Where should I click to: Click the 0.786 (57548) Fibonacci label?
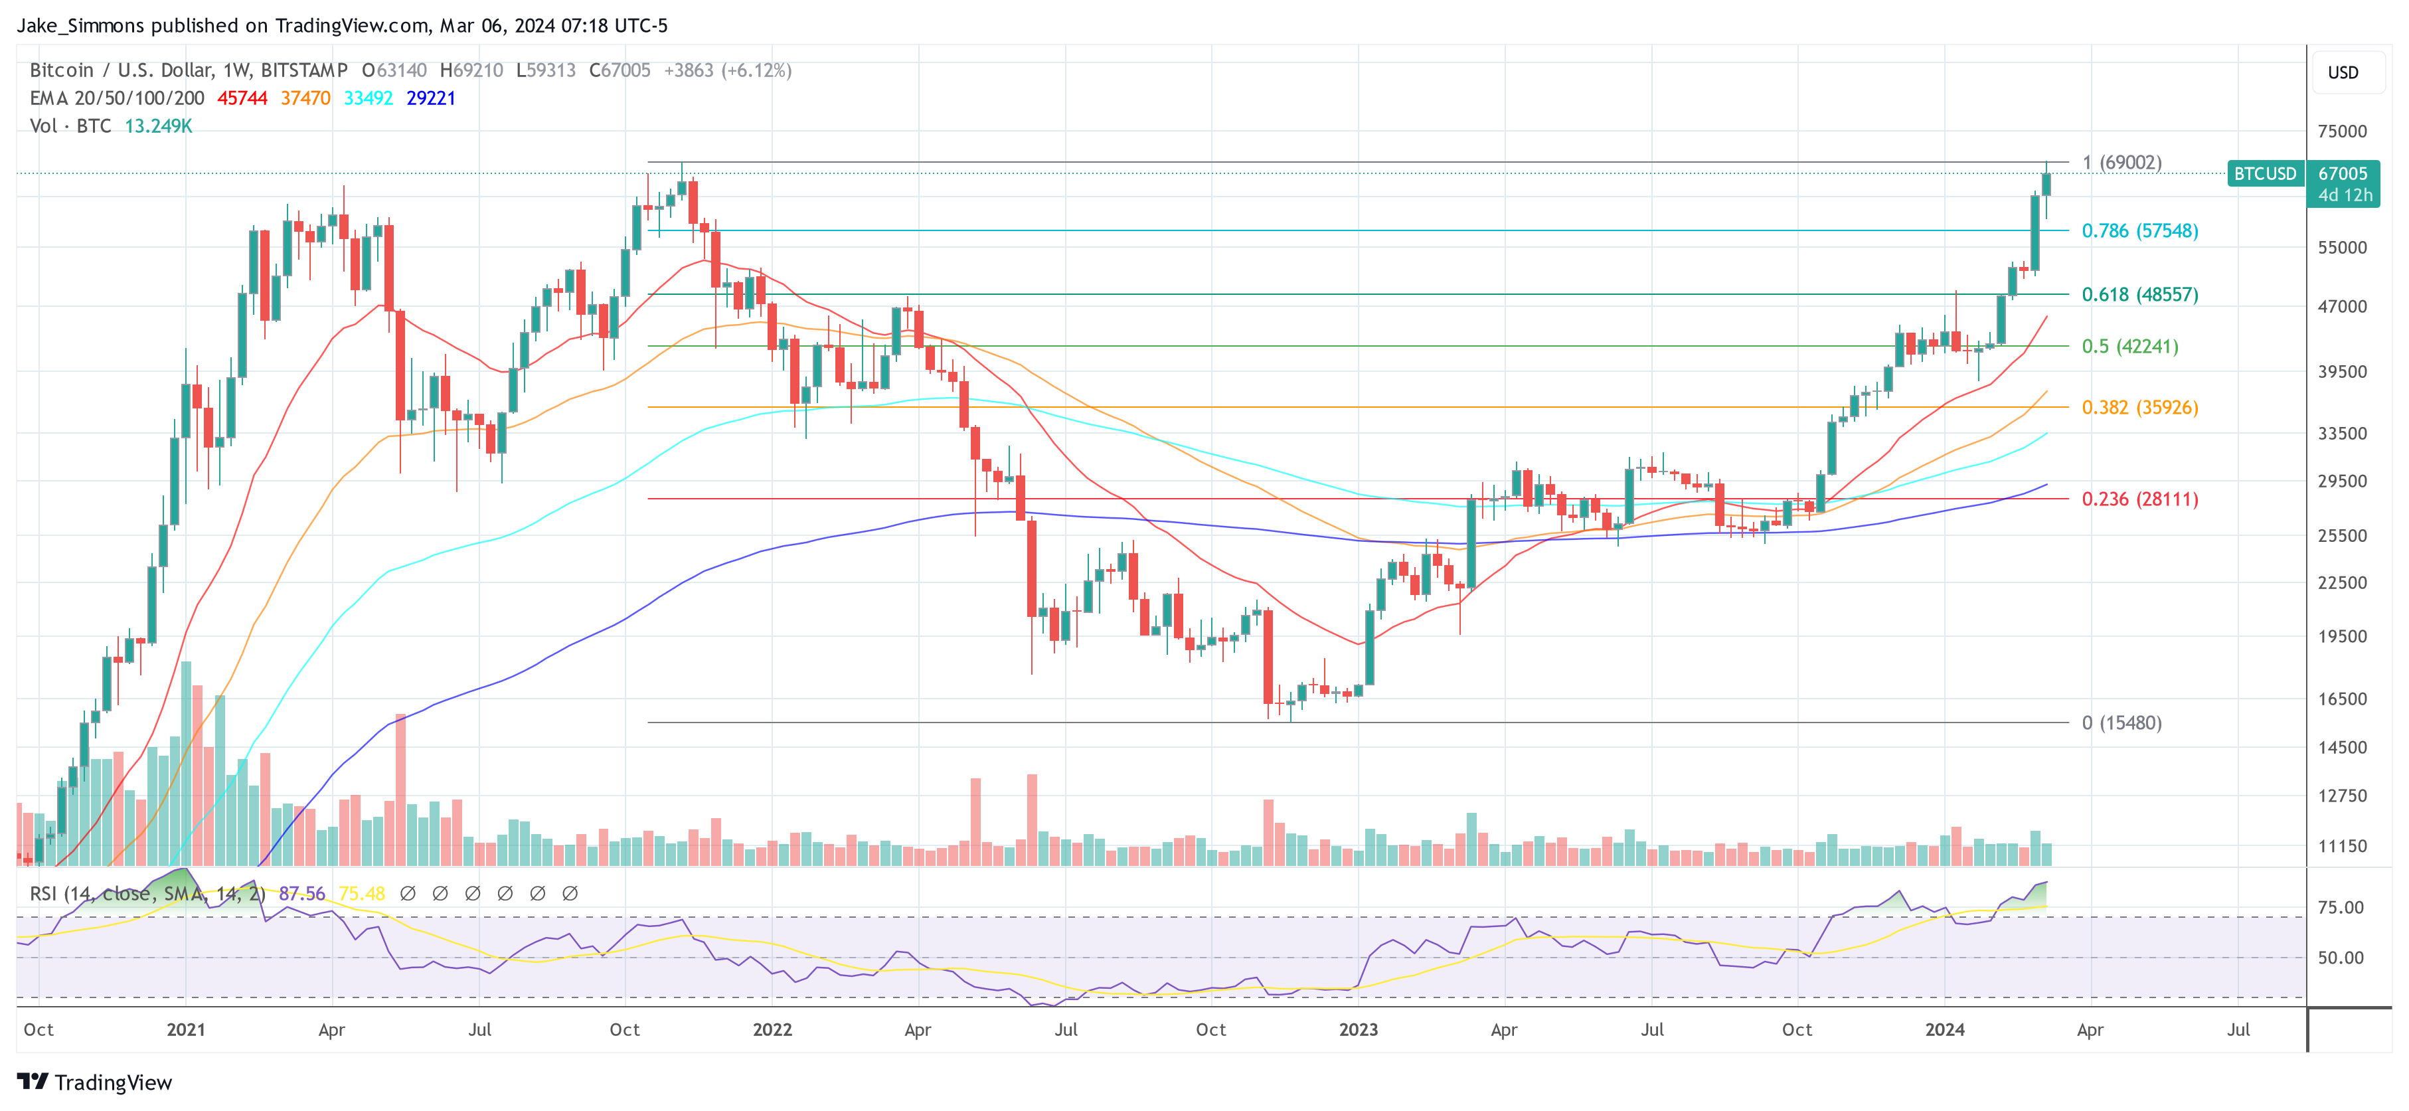coord(2139,231)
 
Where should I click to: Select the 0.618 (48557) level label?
coord(2139,295)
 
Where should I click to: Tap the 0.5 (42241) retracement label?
coord(2129,347)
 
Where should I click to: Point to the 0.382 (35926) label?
coord(2139,408)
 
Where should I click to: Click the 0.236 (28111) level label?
coord(2139,499)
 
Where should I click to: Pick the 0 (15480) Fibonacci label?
coord(2121,723)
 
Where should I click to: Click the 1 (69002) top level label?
coord(2121,163)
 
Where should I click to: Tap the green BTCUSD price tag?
coord(2264,174)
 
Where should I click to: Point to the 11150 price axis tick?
coord(2342,846)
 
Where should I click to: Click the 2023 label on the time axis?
coord(1358,1029)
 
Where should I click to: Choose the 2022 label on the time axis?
coord(772,1029)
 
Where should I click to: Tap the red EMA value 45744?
coord(242,98)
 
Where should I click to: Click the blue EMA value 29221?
coord(430,98)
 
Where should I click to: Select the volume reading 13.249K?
coord(158,126)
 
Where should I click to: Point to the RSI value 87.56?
coord(302,894)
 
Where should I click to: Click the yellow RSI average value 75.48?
coord(362,894)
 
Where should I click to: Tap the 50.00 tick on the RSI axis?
coord(2340,958)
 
